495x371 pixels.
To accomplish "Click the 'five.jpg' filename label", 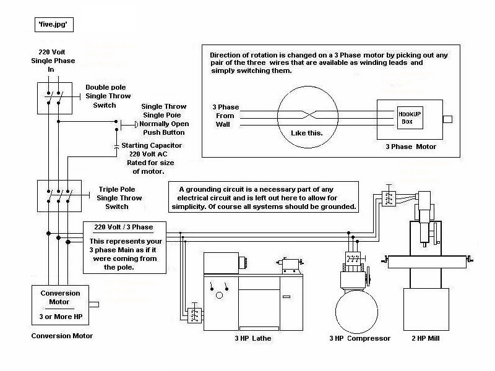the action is point(54,25).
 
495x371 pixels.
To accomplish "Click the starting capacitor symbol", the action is point(116,147).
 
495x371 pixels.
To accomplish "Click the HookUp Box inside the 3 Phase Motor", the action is point(410,117).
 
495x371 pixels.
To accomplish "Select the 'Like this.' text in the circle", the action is point(306,133).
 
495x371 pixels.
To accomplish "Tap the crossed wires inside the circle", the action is point(308,114).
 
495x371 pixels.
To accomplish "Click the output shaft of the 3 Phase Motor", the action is point(447,119).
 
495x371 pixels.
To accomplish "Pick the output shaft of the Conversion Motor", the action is point(94,304).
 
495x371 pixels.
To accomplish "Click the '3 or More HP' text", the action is point(61,317).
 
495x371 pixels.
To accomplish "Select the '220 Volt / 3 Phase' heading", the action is point(123,227).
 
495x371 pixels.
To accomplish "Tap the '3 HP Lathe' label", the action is point(253,338).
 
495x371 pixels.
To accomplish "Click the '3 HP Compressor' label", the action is point(360,338).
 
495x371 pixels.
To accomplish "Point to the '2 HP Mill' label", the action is point(426,338).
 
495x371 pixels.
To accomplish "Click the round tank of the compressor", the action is point(356,312).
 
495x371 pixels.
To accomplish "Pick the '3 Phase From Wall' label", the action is point(225,116).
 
